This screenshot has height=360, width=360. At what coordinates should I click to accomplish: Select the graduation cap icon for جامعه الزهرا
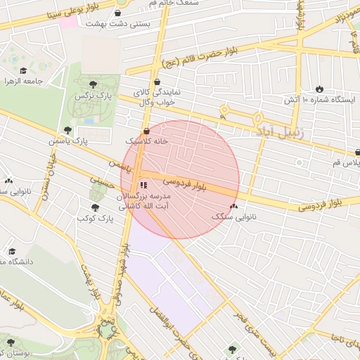[23, 70]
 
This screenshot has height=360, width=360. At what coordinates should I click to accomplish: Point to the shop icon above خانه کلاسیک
[146, 131]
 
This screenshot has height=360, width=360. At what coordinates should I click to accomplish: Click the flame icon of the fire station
[320, 89]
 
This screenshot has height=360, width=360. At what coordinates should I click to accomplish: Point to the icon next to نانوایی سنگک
[233, 207]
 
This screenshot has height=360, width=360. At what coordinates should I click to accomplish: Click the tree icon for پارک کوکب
[96, 207]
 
